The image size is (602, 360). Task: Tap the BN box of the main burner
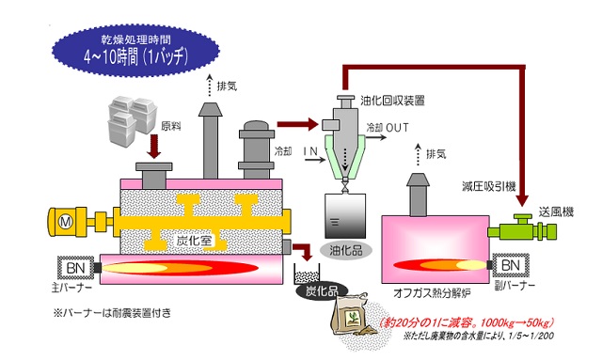[75, 268]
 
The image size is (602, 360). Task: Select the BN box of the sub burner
[511, 265]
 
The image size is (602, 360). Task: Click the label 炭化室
[194, 241]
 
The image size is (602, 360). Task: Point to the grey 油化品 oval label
[346, 251]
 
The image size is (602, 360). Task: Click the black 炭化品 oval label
[322, 291]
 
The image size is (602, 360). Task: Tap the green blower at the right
[522, 228]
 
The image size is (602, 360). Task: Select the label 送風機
[556, 211]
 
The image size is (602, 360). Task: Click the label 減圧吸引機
[489, 187]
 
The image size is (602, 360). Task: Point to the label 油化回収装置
[392, 101]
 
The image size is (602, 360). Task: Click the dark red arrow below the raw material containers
[154, 147]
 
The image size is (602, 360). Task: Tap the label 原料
[171, 126]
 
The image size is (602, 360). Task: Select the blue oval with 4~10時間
[135, 50]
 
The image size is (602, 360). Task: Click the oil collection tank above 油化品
[345, 216]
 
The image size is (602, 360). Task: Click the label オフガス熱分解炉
[432, 293]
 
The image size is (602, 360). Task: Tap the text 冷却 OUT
[388, 128]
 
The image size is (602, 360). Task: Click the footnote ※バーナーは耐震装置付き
[112, 313]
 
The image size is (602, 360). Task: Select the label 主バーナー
[71, 288]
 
